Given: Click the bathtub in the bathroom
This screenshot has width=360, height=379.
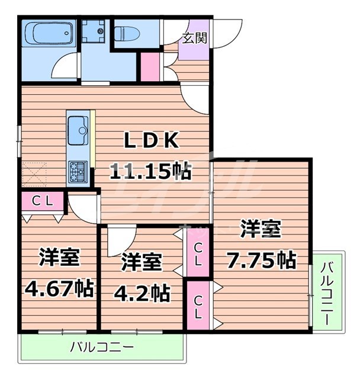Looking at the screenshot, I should [49, 34].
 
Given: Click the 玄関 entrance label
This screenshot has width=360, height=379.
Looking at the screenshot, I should [194, 39].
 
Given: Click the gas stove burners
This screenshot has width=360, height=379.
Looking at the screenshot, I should [78, 171].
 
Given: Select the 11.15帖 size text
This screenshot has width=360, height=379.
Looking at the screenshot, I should [150, 172].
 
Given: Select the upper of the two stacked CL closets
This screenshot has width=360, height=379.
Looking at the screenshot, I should [197, 253].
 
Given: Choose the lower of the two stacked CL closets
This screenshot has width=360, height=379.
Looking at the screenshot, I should [197, 306].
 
